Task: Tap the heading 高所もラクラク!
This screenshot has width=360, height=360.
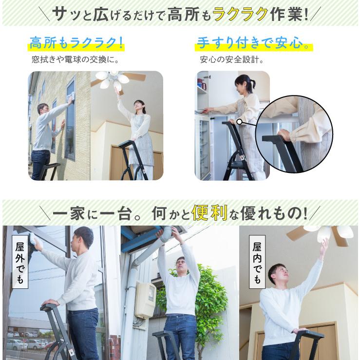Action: click(x=76, y=43)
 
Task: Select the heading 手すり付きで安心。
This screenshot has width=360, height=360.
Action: click(x=253, y=43)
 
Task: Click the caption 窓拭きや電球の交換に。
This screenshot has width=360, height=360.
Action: click(x=75, y=60)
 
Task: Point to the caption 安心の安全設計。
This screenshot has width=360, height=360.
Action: click(x=231, y=60)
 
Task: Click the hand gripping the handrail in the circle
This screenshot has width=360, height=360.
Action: click(x=284, y=134)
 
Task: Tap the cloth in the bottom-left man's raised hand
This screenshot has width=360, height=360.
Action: click(x=34, y=240)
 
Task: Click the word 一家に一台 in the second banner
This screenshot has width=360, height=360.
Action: click(x=92, y=213)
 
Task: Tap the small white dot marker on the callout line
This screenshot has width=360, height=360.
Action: click(x=240, y=121)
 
